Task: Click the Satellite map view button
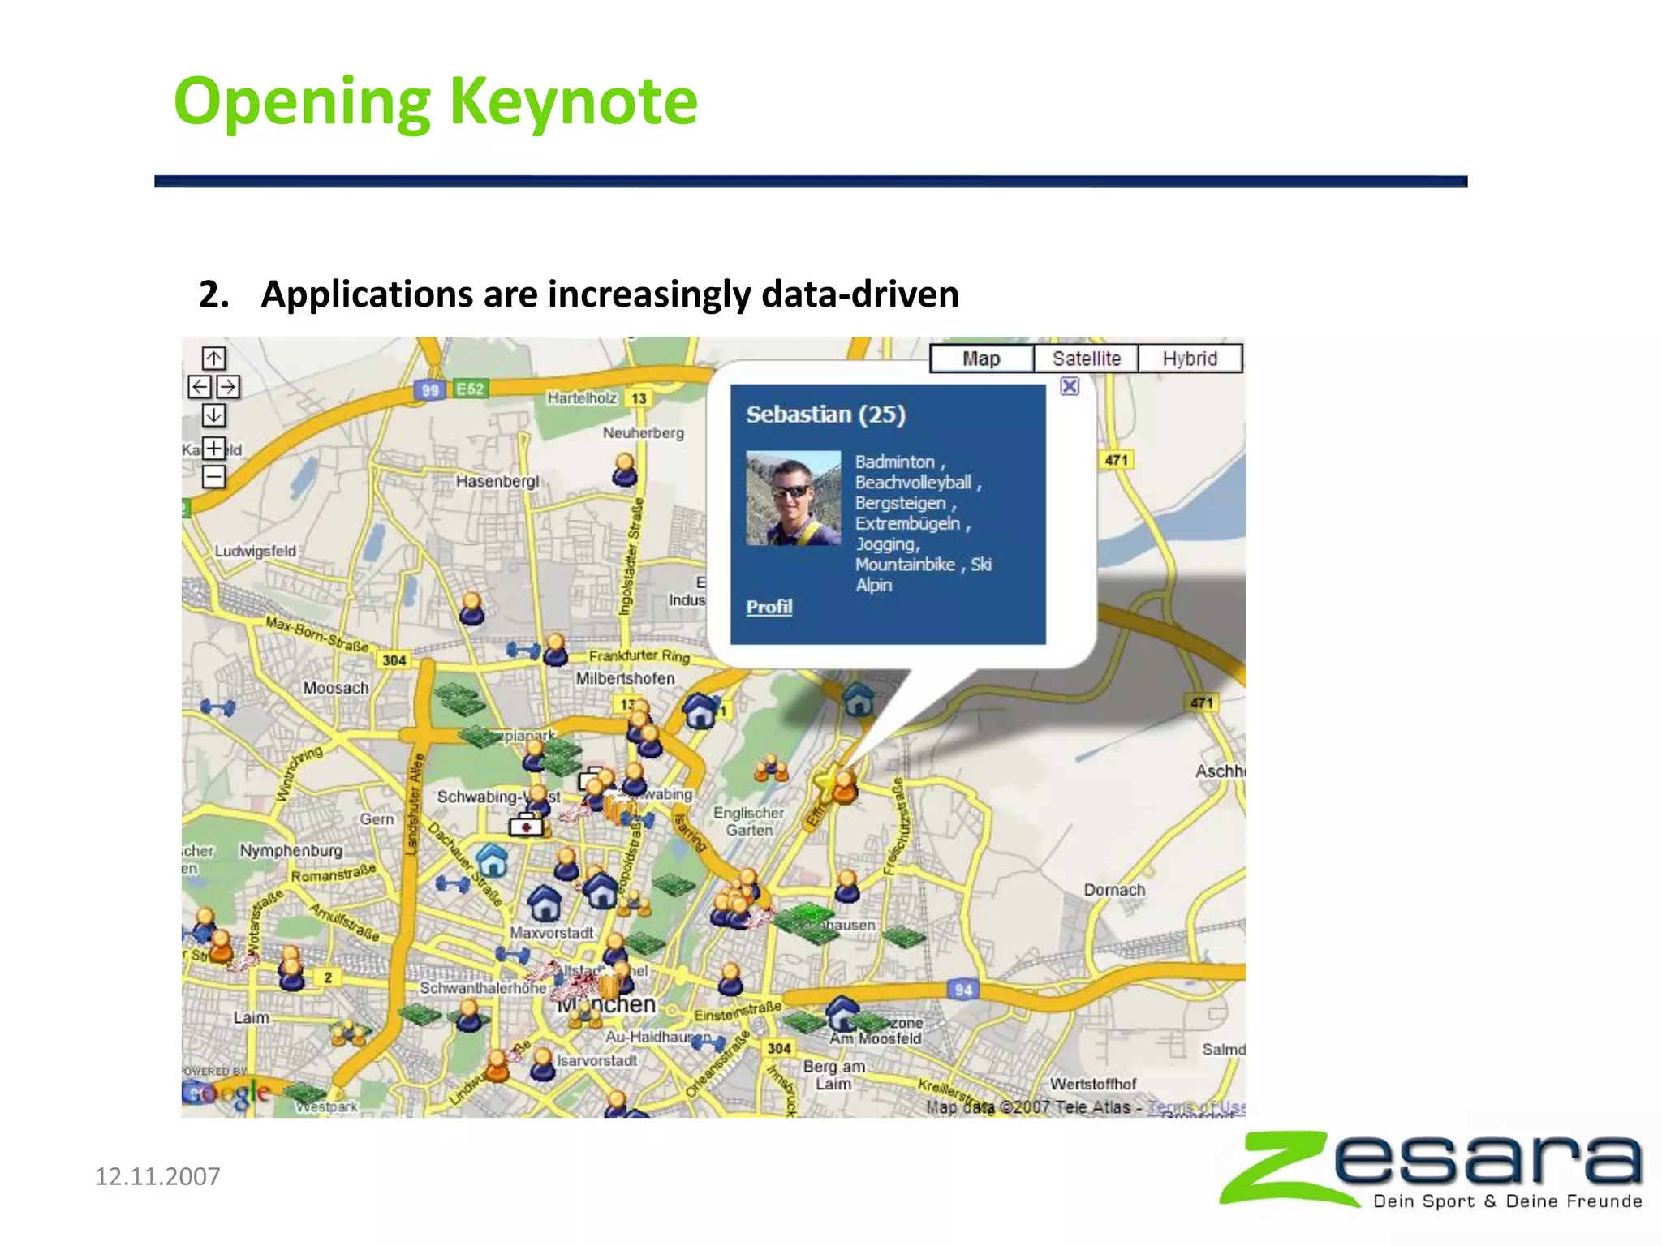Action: tap(1086, 359)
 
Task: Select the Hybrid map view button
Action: tap(1190, 359)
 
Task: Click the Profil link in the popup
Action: tap(769, 607)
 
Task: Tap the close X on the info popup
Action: tap(1070, 386)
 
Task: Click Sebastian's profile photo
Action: tap(793, 498)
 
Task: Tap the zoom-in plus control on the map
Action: tap(213, 448)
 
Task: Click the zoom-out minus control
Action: tap(213, 476)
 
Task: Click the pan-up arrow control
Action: tap(213, 358)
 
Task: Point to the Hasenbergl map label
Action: tap(497, 481)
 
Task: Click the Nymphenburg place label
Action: tap(291, 850)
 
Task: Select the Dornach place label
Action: tap(1114, 890)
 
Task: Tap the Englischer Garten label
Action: tap(748, 821)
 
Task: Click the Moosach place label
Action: tap(335, 688)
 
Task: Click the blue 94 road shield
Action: tap(962, 990)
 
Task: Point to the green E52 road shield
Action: tap(470, 389)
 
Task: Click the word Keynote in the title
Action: tap(573, 101)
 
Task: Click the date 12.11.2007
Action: tap(157, 1176)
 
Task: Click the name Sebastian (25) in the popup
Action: tap(825, 415)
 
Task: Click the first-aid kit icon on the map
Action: tap(526, 826)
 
